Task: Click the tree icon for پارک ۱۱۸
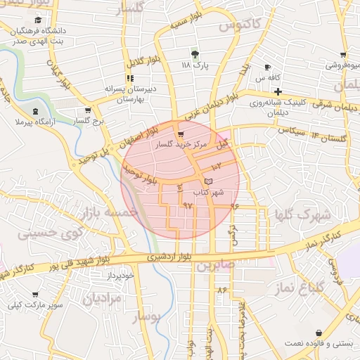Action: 195,53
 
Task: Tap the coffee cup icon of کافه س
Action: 267,67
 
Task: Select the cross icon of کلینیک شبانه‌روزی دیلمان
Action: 278,91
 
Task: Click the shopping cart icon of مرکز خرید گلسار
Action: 181,134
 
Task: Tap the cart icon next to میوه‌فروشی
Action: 342,55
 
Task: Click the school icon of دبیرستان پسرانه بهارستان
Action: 129,78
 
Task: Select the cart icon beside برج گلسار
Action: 87,110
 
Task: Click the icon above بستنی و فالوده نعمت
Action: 319,333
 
